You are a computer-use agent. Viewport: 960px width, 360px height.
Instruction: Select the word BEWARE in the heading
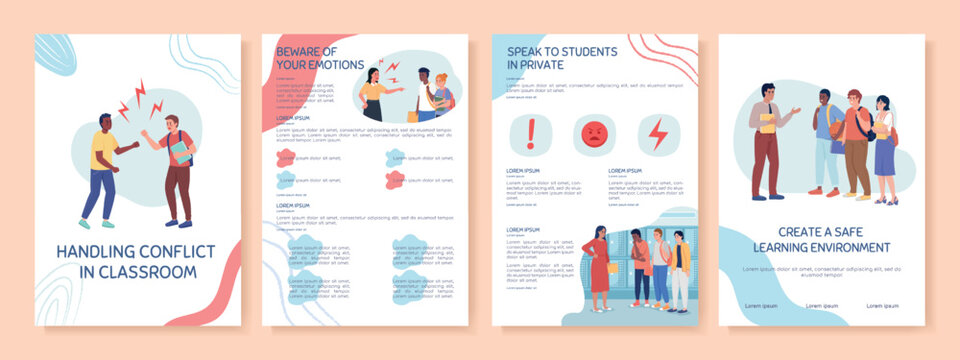coord(298,51)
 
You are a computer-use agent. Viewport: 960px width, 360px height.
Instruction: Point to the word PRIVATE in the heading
coord(544,65)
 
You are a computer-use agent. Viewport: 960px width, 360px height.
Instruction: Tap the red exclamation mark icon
coord(531,134)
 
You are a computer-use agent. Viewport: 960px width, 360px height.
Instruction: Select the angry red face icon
coord(593,134)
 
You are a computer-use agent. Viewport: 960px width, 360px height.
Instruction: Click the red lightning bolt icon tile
coord(656,134)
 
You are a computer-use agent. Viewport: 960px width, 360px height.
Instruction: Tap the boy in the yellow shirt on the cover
coord(103,165)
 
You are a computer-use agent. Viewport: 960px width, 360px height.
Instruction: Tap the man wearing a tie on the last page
coord(766,140)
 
